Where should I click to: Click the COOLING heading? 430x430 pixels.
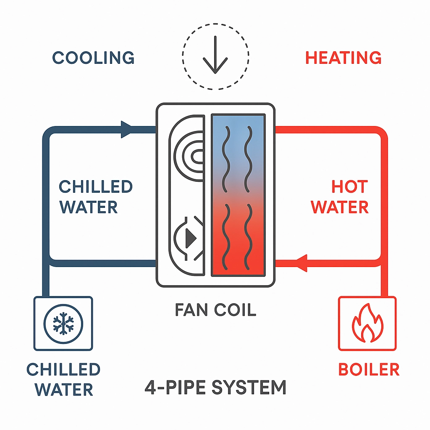[x=93, y=58]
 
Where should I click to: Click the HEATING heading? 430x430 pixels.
[x=343, y=58]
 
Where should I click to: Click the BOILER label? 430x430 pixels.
[x=369, y=370]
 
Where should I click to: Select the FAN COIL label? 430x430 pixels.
[x=215, y=309]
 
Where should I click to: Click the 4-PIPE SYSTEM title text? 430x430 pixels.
[x=215, y=387]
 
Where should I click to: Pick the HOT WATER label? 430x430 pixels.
[x=340, y=197]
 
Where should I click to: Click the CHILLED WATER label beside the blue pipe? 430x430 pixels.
[x=95, y=197]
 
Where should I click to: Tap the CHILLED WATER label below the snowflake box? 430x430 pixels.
[x=63, y=380]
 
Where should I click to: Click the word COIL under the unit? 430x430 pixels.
[x=234, y=309]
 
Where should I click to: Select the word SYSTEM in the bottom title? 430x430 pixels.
[x=249, y=387]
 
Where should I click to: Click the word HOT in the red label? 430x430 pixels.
[x=349, y=186]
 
